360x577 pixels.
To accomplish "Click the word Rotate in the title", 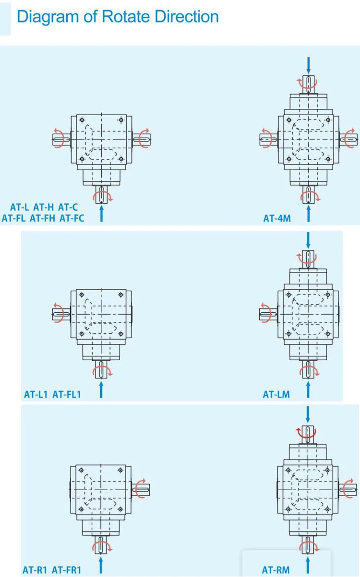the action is tap(127, 17).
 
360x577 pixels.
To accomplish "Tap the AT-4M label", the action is tap(277, 219).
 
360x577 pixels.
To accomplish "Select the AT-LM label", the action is tap(276, 395).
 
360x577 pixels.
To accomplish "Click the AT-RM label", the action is tap(276, 570).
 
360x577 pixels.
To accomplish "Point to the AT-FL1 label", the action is tap(67, 395).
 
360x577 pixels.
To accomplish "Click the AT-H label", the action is tap(43, 208).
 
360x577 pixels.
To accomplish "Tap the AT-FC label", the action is tap(72, 219).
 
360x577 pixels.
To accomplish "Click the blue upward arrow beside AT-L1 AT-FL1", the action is tap(101, 390).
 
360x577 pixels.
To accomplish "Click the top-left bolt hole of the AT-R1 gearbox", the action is tap(82, 470).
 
